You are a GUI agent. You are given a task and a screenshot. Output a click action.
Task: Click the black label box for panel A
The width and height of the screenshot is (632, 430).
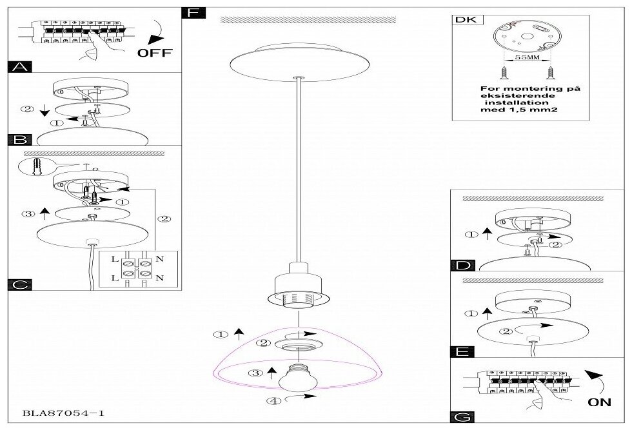point(19,65)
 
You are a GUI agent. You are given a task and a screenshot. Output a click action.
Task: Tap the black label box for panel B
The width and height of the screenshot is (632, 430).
point(19,140)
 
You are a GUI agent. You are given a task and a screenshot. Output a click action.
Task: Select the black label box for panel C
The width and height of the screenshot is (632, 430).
point(19,284)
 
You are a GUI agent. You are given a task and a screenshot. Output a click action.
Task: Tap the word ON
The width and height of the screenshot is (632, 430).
point(600,404)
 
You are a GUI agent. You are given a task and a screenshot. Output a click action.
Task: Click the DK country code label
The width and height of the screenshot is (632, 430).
point(463,20)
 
